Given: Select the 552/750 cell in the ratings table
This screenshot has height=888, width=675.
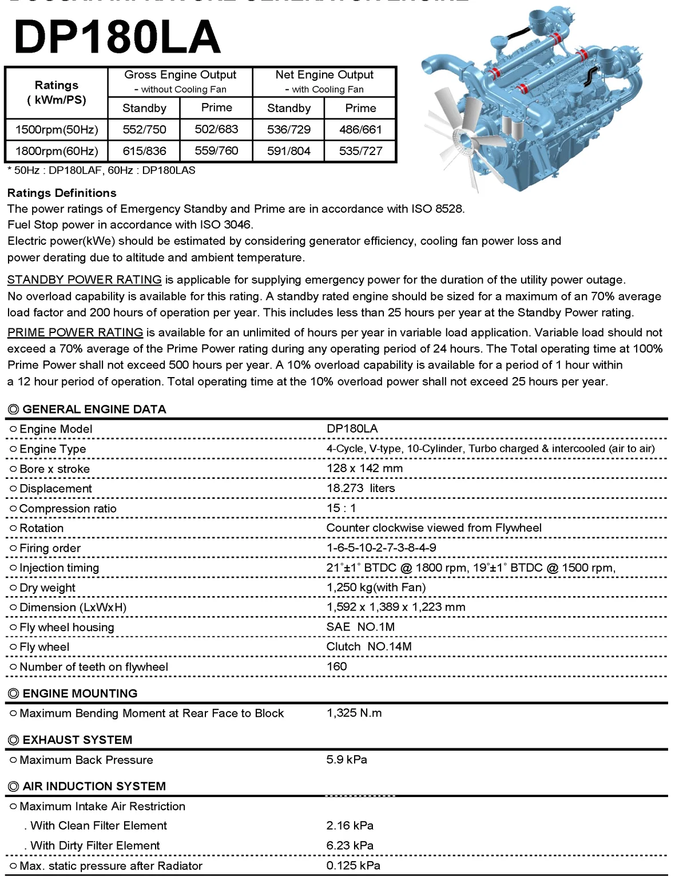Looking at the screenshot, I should click(x=144, y=129).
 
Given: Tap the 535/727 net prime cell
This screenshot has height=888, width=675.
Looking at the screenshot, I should click(x=360, y=151).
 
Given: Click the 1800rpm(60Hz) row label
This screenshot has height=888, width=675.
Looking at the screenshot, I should click(x=57, y=151).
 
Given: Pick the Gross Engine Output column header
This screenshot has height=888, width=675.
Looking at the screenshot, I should click(x=180, y=75).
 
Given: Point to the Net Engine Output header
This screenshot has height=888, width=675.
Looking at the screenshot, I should click(x=324, y=75).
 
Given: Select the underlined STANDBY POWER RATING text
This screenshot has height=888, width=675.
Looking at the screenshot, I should click(x=85, y=280).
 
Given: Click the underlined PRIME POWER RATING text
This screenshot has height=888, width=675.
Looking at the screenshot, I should click(x=76, y=332).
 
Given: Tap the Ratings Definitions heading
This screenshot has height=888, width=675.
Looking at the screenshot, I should click(x=62, y=193).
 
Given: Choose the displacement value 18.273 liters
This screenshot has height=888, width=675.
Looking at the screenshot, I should click(x=360, y=488).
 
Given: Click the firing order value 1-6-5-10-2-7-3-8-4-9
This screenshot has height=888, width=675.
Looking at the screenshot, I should click(x=381, y=548).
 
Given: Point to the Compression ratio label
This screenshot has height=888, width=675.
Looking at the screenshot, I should click(x=68, y=509).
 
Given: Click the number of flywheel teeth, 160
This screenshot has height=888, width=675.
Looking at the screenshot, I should click(x=336, y=667).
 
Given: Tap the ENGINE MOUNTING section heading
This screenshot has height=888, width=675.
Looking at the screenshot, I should click(x=80, y=693).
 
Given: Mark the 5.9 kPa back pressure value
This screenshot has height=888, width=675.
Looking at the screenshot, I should click(x=347, y=760).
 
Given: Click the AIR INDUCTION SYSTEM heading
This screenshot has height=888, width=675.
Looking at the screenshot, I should click(x=94, y=786).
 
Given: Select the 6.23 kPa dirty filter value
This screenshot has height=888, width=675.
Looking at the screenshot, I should click(x=350, y=846).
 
